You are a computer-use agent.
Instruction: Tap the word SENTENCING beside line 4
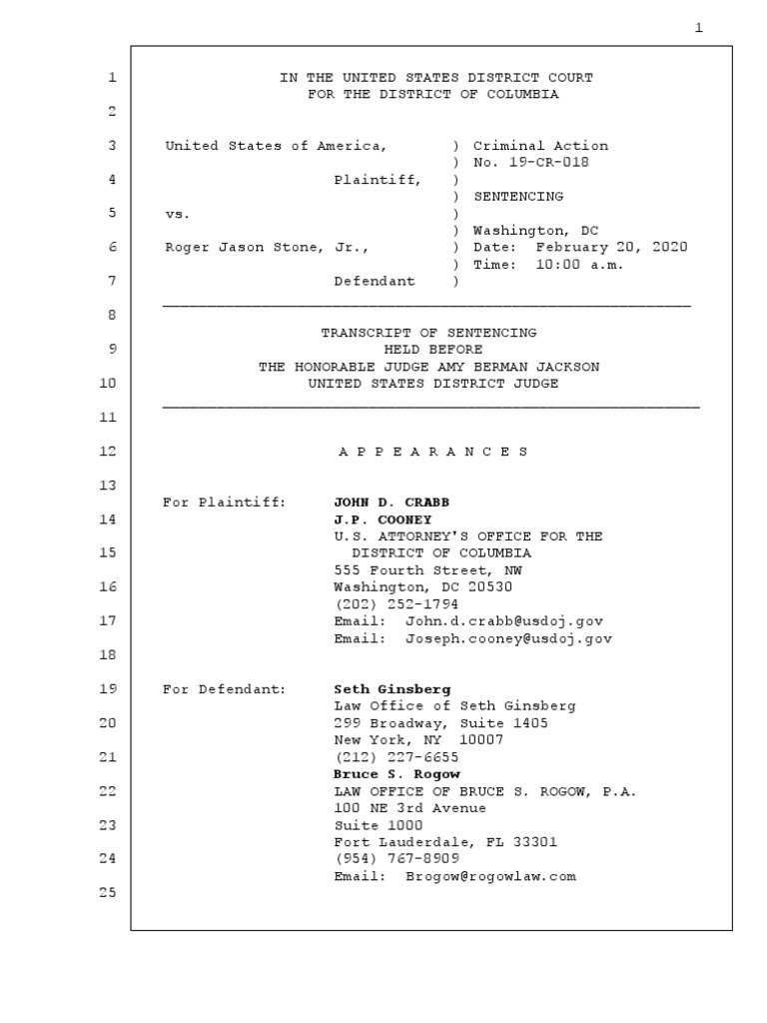[518, 197]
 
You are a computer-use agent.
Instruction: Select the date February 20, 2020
[611, 247]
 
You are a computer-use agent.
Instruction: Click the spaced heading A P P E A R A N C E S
[432, 452]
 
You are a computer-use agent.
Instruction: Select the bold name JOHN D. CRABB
[384, 502]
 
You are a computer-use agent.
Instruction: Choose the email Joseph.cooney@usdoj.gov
[508, 637]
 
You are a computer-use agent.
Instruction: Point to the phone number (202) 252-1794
[396, 603]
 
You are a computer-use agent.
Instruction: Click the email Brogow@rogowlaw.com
[490, 876]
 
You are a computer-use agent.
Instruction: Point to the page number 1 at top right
[699, 28]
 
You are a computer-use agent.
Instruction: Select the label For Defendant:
[224, 689]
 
